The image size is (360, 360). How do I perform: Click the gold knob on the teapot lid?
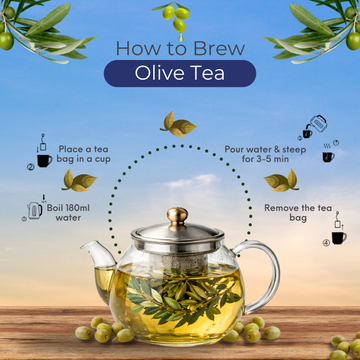point(179,213)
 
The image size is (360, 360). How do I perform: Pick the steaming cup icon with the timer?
point(327,154)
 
